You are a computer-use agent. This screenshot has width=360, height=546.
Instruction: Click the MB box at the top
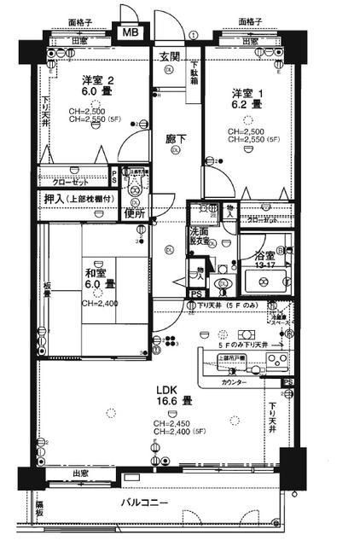[131, 32]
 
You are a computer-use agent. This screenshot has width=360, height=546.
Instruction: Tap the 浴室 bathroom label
[264, 255]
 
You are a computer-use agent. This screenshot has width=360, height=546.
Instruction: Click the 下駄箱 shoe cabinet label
[194, 73]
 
